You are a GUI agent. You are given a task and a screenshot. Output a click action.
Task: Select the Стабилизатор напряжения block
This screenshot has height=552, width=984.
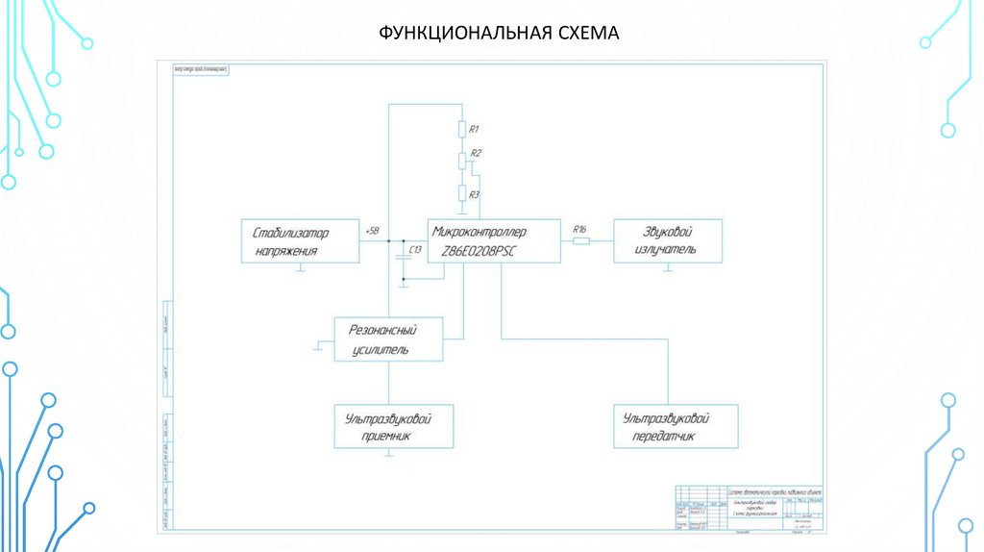point(299,241)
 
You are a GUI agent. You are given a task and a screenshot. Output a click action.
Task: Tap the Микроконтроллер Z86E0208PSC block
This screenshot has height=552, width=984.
point(493,240)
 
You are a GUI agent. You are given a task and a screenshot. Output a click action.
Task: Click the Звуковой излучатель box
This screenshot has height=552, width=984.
point(668,240)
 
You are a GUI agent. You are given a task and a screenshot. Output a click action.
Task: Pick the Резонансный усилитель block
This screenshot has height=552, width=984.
point(388,339)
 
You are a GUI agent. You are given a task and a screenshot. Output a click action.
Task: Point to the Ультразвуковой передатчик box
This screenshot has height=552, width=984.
point(676,426)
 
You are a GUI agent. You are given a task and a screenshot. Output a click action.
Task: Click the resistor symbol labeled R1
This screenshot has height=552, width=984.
point(462,129)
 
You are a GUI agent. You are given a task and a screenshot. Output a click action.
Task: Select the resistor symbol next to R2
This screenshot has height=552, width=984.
point(462,160)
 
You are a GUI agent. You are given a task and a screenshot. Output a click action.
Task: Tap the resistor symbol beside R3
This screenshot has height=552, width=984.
point(462,193)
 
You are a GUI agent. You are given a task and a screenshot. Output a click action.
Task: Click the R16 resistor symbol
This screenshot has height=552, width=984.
point(580,241)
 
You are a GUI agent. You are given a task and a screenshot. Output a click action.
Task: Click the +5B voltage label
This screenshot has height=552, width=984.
point(373,232)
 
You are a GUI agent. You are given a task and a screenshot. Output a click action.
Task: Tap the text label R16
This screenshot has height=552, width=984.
point(579,229)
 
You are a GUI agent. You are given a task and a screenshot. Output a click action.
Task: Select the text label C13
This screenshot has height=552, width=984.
point(416,250)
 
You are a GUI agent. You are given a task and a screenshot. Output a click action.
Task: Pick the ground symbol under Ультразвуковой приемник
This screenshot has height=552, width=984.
point(388,455)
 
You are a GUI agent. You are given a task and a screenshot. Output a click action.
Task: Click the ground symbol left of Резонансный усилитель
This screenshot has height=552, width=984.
point(318,346)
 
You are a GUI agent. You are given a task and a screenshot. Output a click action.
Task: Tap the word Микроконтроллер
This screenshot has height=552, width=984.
point(480,231)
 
